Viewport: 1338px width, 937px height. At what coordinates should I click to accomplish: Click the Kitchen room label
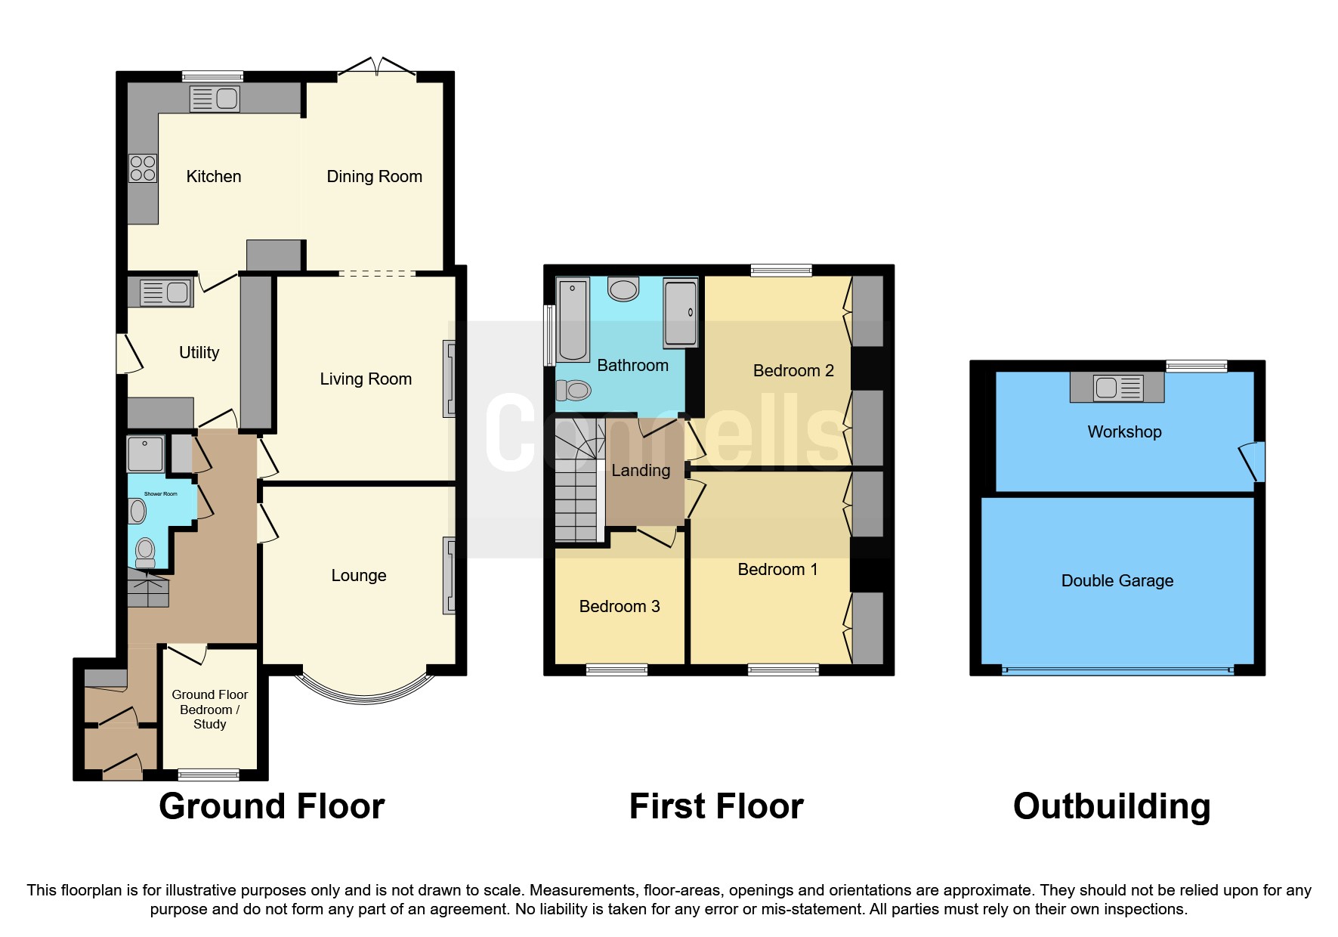[214, 177]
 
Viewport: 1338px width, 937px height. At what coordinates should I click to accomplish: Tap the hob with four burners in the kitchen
[143, 168]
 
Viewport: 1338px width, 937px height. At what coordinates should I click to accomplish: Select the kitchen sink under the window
[215, 99]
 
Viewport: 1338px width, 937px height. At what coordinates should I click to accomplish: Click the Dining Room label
[374, 177]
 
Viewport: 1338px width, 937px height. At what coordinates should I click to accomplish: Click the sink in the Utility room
[165, 292]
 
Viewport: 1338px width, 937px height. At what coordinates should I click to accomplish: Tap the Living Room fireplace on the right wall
[449, 379]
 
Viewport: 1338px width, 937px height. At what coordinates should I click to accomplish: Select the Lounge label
[358, 576]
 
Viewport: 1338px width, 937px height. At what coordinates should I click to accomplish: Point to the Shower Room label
[160, 494]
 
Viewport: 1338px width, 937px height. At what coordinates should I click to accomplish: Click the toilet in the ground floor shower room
[144, 551]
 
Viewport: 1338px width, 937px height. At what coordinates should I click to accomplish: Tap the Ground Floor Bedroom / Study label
[209, 710]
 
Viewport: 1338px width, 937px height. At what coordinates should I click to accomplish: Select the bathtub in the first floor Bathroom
[573, 320]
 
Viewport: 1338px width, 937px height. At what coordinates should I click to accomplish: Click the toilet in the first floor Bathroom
[574, 390]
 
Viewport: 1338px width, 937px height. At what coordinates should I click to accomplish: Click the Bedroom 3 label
[619, 607]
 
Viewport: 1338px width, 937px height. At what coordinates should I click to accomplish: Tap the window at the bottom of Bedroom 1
[783, 669]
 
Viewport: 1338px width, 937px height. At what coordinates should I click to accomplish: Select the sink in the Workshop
[1117, 388]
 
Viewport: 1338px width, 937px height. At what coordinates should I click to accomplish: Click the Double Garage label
[1117, 581]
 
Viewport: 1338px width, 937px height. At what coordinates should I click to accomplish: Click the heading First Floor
[715, 806]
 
